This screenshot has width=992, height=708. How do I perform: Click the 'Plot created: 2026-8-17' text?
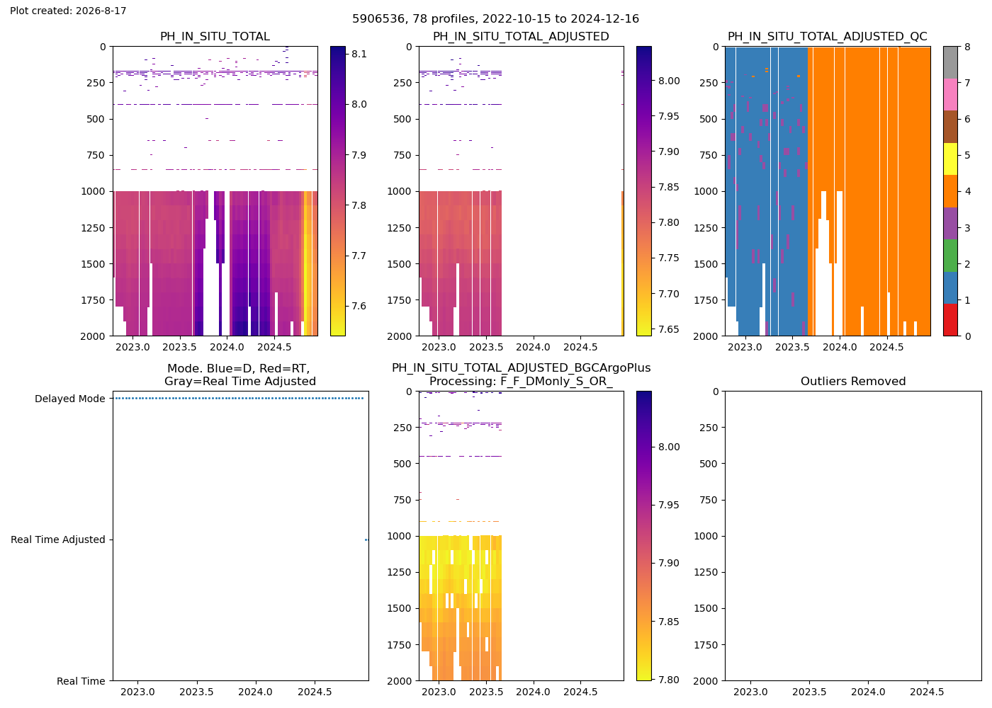[x=68, y=11]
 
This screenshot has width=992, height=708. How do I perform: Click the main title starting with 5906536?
[x=495, y=18]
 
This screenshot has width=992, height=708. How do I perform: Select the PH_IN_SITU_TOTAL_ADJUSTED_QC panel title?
[x=828, y=36]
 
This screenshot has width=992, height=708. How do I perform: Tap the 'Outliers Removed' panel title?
[x=853, y=382]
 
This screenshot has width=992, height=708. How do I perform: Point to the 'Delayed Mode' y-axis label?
[x=70, y=399]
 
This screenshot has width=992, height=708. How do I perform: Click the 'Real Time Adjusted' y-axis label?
[x=58, y=539]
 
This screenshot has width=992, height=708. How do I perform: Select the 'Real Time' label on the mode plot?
[x=81, y=681]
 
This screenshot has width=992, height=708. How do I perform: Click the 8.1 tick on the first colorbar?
[x=359, y=54]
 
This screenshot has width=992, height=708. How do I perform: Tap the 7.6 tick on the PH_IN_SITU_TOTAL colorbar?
[x=359, y=306]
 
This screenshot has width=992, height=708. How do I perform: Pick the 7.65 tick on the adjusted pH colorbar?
[x=669, y=329]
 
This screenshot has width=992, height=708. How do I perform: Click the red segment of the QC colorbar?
[x=950, y=320]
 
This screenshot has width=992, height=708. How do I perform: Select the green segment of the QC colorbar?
[x=950, y=256]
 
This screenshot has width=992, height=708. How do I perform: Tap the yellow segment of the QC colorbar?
[x=950, y=159]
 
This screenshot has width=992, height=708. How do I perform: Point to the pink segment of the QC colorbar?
[x=950, y=95]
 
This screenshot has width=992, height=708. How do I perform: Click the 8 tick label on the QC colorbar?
[x=967, y=47]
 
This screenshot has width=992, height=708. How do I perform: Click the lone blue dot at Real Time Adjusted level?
[x=366, y=539]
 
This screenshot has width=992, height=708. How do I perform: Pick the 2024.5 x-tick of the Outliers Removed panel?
[x=927, y=692]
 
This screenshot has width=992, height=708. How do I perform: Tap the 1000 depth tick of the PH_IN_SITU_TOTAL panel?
[x=93, y=192]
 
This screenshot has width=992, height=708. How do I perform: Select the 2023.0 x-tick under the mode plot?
[x=137, y=692]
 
